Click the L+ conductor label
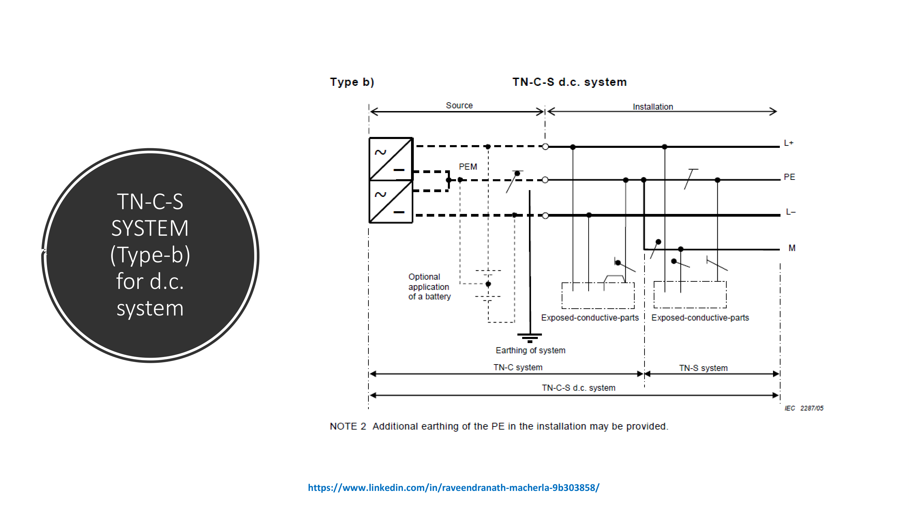(x=788, y=143)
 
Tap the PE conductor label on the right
(x=789, y=177)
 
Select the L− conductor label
(x=790, y=212)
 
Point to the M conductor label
(x=792, y=248)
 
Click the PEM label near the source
(x=468, y=167)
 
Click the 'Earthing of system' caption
(x=530, y=350)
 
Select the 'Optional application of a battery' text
(x=429, y=287)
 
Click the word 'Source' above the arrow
(x=459, y=106)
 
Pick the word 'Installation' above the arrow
(x=652, y=107)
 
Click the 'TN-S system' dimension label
(x=703, y=368)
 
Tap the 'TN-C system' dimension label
(x=518, y=367)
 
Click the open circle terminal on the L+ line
(x=545, y=146)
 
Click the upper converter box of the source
(x=391, y=159)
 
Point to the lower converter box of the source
(x=391, y=202)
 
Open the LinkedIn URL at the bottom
(x=453, y=487)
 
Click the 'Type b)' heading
(x=352, y=82)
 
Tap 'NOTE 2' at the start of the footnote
(x=348, y=426)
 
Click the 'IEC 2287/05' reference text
(x=803, y=408)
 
